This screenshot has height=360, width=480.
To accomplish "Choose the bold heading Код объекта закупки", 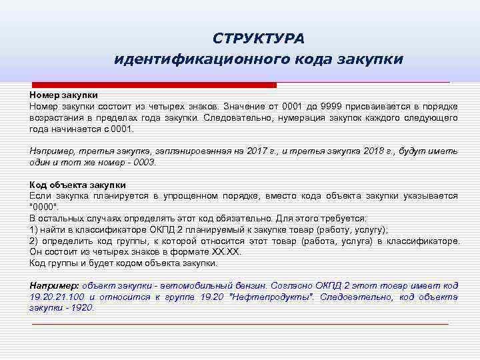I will click(x=77, y=185).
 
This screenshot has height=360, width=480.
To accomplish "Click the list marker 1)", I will click(x=35, y=229).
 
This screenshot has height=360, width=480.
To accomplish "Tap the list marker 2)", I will click(x=35, y=241).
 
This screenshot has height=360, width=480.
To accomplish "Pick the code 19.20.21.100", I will click(x=57, y=297).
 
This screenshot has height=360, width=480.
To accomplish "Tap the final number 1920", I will click(x=82, y=308).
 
